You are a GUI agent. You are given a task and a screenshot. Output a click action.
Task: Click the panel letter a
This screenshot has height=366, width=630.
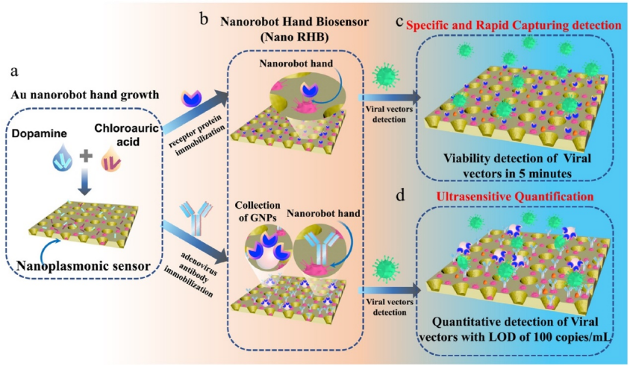[14, 72]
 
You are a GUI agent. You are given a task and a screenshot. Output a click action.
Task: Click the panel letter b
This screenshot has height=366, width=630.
[204, 18]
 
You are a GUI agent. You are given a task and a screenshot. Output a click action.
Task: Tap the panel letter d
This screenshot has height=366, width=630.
[401, 195]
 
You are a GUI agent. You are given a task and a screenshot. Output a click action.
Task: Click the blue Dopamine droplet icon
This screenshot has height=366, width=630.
[63, 158]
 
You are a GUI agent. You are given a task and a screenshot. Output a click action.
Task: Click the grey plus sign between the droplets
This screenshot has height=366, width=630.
[86, 156]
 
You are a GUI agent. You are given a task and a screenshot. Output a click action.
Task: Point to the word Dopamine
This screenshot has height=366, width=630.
[40, 133]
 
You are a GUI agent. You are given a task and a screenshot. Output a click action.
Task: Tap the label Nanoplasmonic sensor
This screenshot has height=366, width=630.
[84, 265]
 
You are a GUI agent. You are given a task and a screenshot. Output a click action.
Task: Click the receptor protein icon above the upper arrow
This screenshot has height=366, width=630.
[191, 98]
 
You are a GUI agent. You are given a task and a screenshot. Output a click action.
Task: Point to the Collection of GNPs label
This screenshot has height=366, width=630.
[258, 211]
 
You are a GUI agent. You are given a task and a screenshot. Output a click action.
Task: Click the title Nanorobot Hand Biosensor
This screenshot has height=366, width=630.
[295, 22]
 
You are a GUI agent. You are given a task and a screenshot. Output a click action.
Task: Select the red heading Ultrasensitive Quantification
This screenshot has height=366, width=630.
[515, 197]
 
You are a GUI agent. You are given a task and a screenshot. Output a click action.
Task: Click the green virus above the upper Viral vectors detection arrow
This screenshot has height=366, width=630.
[386, 75]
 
